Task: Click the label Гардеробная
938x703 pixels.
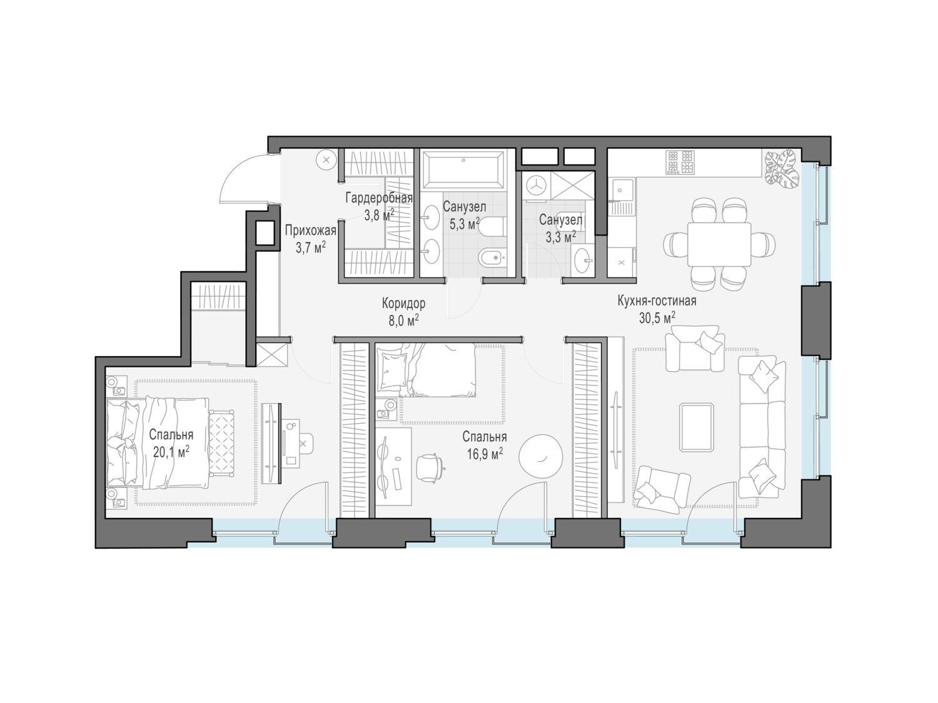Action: pyautogui.click(x=378, y=198)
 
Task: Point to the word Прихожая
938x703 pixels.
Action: pyautogui.click(x=311, y=231)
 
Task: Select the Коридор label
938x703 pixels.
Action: pyautogui.click(x=403, y=304)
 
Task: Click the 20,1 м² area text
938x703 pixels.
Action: pyautogui.click(x=171, y=452)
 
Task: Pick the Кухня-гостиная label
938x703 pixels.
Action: pyautogui.click(x=657, y=301)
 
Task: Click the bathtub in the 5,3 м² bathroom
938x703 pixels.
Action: pyautogui.click(x=463, y=170)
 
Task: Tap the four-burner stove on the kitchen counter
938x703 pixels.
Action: pyautogui.click(x=680, y=162)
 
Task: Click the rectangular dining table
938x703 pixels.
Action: pyautogui.click(x=719, y=244)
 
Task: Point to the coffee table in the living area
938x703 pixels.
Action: pyautogui.click(x=696, y=427)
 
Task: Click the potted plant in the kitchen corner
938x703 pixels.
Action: pyautogui.click(x=782, y=167)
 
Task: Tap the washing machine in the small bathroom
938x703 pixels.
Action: pyautogui.click(x=535, y=186)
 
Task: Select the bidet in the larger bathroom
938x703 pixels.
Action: pyautogui.click(x=492, y=257)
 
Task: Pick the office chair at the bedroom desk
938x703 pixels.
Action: pyautogui.click(x=430, y=468)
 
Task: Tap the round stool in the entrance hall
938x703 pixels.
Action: pyautogui.click(x=326, y=160)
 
